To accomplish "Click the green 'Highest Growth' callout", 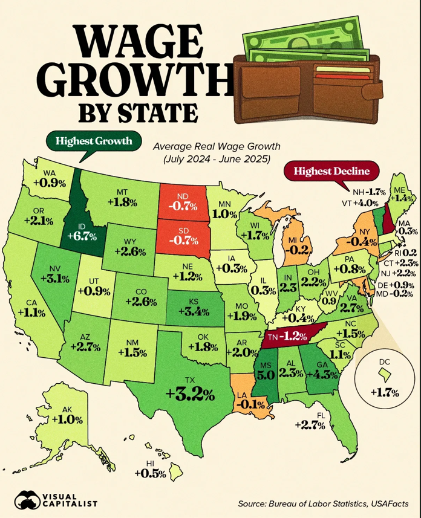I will coord(93,141).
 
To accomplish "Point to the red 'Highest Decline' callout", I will coord(331,172).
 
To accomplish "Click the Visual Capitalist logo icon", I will coord(26,499).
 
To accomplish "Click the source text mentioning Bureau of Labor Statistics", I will coord(324,503).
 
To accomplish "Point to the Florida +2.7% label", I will coord(310,424).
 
